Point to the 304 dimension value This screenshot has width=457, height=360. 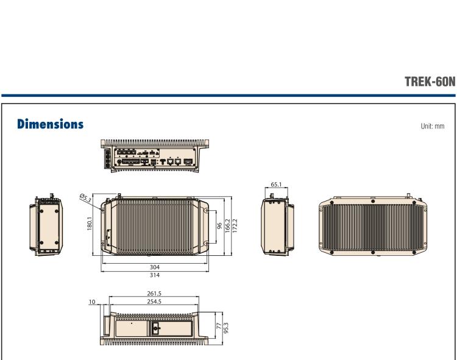(155, 267)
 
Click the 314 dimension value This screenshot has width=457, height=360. (155, 275)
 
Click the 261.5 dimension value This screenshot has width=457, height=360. (154, 292)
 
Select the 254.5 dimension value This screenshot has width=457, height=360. (154, 300)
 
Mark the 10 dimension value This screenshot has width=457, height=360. (91, 300)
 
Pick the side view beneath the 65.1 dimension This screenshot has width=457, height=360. (278, 225)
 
